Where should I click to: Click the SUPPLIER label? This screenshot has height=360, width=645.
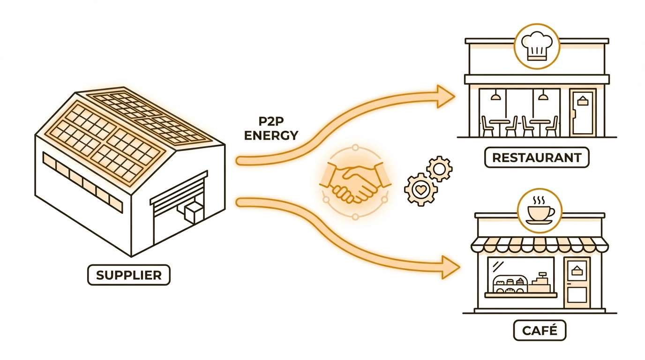pos(128,275)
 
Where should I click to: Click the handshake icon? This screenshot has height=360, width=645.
pos(355,182)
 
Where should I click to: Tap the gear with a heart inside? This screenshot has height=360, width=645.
pos(420,190)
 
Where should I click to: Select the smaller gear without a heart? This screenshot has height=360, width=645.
pos(440,169)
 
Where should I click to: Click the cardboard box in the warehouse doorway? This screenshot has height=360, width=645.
pos(193,214)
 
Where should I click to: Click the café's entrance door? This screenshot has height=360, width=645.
pos(576,281)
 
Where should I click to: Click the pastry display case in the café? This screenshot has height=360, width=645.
pos(510,284)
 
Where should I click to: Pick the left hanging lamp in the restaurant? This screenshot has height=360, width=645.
pos(495,97)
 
